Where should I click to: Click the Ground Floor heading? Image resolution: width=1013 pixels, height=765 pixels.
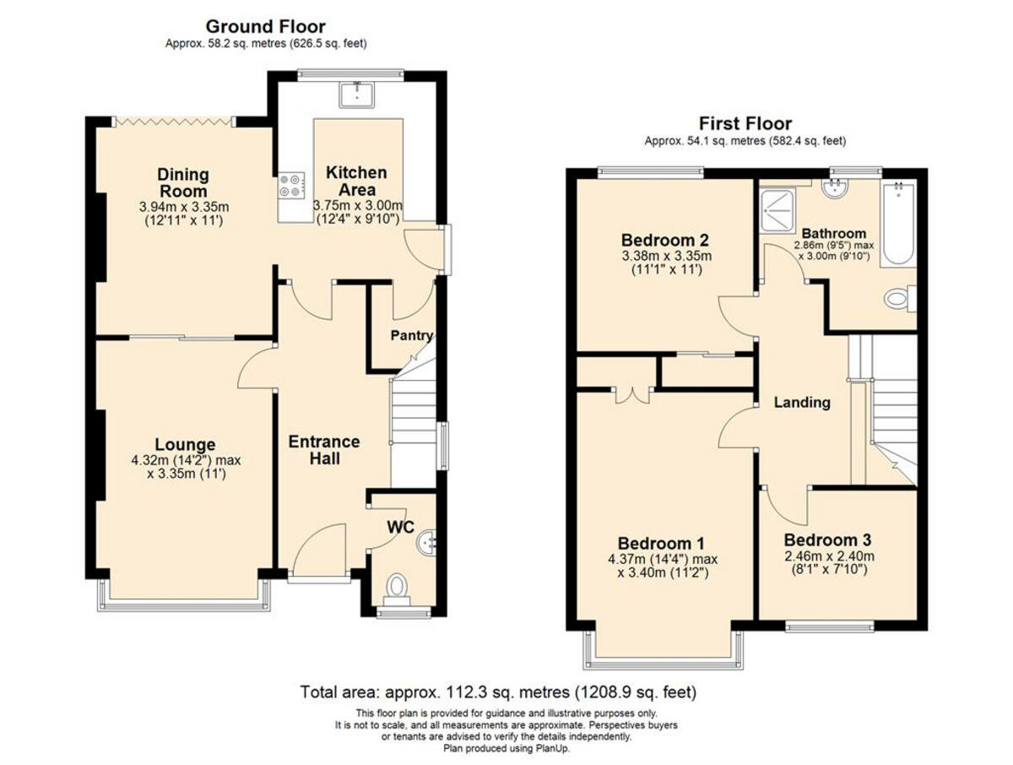coord(265,27)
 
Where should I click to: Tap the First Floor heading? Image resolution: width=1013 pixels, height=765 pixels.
coord(745,124)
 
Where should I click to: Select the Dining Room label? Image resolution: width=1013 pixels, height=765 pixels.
coord(183,183)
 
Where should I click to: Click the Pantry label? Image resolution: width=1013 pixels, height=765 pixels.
coord(411,335)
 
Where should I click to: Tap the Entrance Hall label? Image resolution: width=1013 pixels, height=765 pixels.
coord(324,450)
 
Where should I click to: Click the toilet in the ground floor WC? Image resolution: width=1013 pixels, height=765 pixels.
coord(396,586)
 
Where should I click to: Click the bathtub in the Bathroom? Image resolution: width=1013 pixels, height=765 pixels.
coord(897,223)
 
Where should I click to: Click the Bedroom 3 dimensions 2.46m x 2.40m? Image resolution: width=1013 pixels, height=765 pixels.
coord(827,556)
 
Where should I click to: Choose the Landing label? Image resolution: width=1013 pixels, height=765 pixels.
coord(802,403)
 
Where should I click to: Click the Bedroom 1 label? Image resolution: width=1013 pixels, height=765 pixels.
coord(661,542)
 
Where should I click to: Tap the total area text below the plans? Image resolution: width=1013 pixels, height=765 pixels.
coord(498,693)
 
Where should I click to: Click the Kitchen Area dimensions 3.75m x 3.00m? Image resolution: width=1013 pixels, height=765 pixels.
coord(358,205)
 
